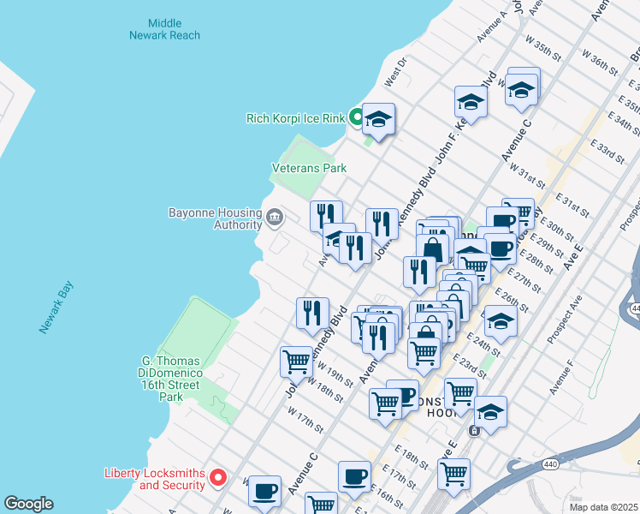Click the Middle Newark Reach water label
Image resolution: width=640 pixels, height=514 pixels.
(164, 28)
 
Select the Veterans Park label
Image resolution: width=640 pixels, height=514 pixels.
(310, 168)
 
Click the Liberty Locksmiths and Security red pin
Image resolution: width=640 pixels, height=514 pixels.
(218, 477)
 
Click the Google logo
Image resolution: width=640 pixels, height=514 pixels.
(28, 504)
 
